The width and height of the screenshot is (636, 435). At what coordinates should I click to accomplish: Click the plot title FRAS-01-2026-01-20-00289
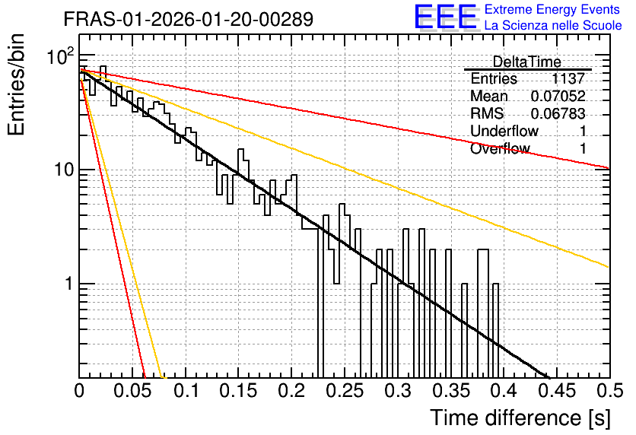click(x=189, y=19)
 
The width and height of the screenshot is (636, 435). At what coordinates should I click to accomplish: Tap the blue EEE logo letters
click(x=446, y=17)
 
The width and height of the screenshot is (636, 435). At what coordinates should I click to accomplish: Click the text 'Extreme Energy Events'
click(x=552, y=9)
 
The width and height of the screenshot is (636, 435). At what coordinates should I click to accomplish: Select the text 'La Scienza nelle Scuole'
click(x=553, y=25)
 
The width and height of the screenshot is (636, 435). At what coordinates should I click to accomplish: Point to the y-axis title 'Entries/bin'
click(x=16, y=84)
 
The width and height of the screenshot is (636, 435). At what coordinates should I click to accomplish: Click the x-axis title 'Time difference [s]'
click(x=520, y=418)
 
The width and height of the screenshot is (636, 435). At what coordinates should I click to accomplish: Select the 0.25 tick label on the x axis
click(x=345, y=391)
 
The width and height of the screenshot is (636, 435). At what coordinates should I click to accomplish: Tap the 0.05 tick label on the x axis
click(x=132, y=391)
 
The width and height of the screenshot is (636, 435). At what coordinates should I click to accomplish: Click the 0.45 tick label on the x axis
click(x=558, y=391)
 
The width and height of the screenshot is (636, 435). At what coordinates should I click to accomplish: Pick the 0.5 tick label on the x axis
click(x=609, y=391)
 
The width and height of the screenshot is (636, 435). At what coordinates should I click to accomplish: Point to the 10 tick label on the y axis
click(x=64, y=170)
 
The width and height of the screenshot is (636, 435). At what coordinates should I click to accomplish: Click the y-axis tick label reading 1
click(x=69, y=284)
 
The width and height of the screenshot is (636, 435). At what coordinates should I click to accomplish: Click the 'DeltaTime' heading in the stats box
click(x=527, y=62)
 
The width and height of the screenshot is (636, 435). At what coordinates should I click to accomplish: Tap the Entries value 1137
click(x=568, y=78)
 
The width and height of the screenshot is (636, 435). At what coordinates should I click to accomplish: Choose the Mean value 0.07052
click(x=558, y=96)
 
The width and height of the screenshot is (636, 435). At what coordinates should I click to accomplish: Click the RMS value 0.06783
click(x=558, y=113)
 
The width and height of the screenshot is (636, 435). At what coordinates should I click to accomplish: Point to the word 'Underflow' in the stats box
click(x=504, y=131)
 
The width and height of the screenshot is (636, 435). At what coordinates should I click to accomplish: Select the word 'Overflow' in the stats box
click(x=500, y=148)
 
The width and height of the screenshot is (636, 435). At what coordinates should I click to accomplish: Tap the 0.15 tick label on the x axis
click(x=239, y=391)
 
